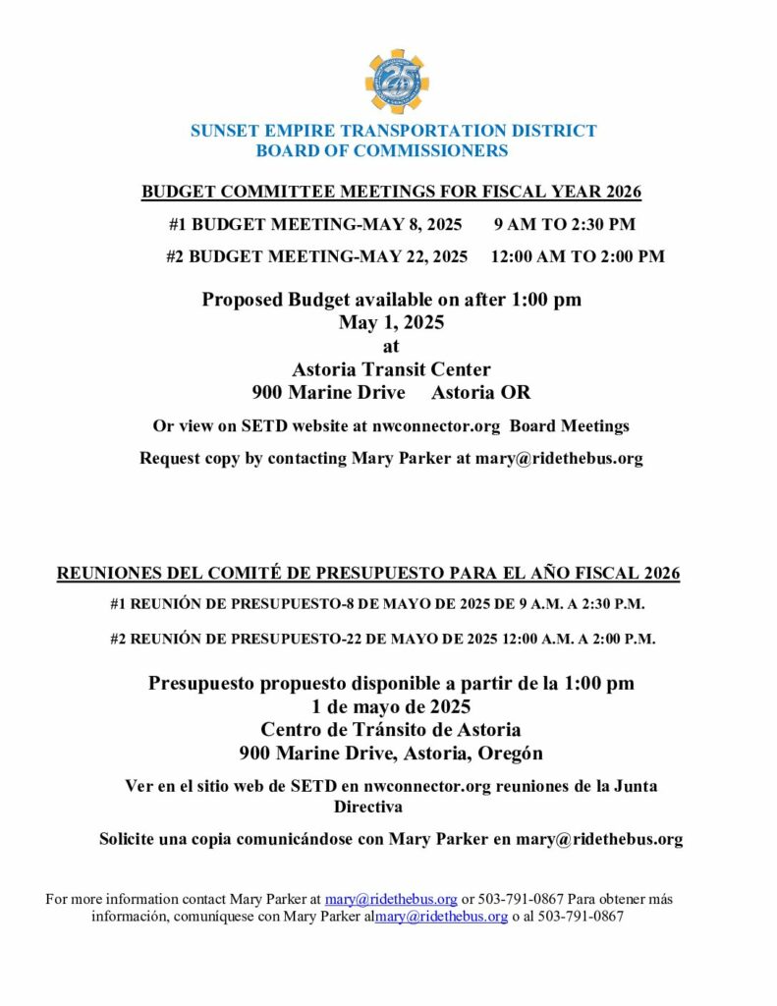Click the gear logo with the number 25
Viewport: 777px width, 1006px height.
(397, 83)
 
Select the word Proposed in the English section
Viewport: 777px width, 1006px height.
(242, 300)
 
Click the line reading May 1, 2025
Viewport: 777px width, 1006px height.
(391, 322)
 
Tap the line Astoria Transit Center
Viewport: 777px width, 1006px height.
(391, 369)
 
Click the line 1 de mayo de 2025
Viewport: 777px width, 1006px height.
(391, 706)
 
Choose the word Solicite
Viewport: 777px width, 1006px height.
(133, 839)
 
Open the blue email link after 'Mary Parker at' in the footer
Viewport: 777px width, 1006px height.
(391, 899)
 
